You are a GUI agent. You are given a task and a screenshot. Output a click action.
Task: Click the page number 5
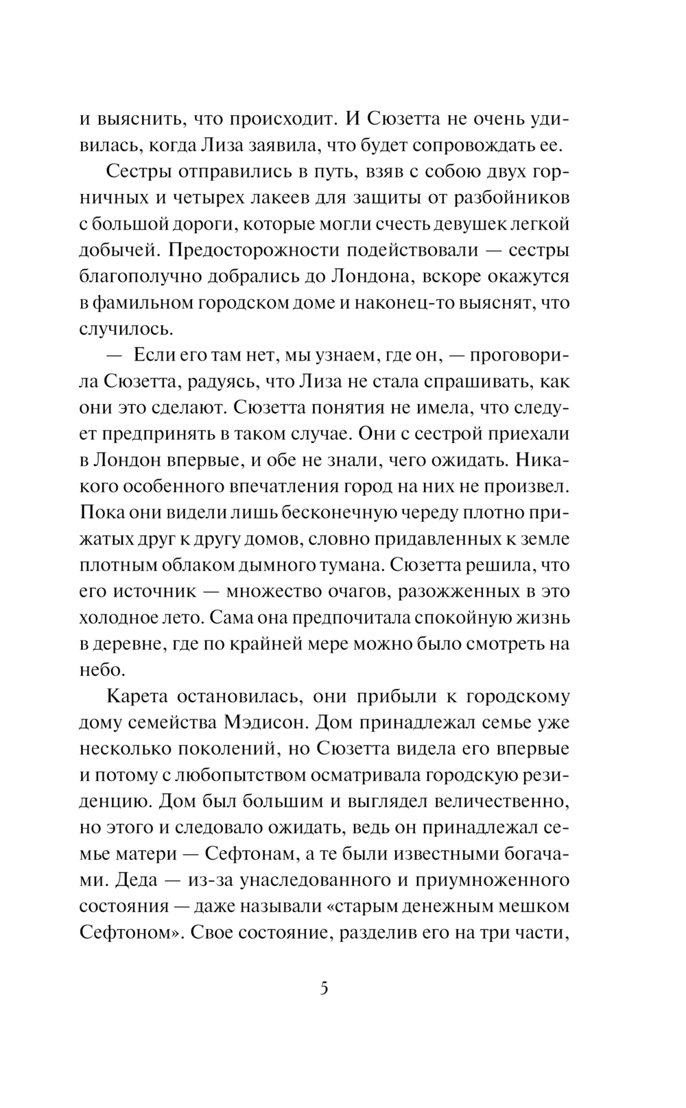tap(324, 989)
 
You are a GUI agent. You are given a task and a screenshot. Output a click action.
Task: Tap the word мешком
tap(534, 906)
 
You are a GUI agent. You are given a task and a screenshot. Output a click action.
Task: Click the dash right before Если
tap(115, 354)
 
